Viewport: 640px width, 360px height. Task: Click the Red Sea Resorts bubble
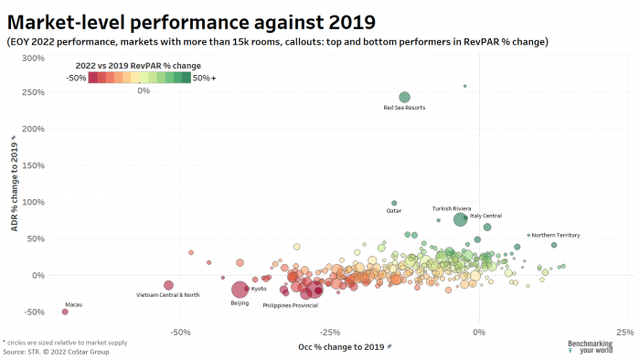(404, 97)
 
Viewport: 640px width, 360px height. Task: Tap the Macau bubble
(65, 312)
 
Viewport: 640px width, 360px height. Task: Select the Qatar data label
(394, 210)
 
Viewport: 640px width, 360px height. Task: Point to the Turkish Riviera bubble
(460, 219)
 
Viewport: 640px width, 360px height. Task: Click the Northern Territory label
(556, 235)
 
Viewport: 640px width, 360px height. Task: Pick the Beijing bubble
(240, 290)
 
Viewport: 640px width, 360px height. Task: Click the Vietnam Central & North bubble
(168, 285)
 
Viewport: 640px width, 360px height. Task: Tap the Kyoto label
(259, 289)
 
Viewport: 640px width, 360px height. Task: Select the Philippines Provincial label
(290, 304)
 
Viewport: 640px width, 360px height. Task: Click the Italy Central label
(485, 216)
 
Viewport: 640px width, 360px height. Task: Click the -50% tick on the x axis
(181, 331)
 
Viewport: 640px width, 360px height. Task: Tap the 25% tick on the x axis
(625, 331)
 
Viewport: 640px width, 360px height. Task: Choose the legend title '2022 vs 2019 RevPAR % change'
(137, 66)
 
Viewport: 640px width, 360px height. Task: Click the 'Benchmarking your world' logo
(591, 346)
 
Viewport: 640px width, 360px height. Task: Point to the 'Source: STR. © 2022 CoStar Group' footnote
(56, 351)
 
